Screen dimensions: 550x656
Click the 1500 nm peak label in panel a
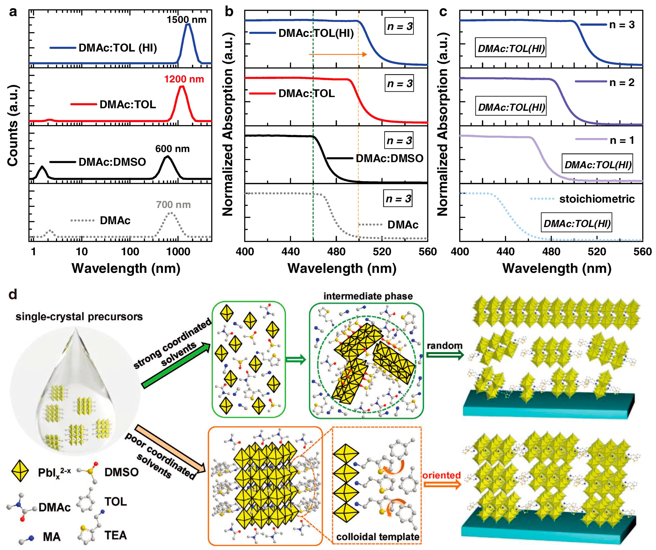pyautogui.click(x=186, y=20)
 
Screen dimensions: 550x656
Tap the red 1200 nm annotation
pyautogui.click(x=184, y=79)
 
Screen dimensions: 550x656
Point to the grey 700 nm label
pyautogui.click(x=173, y=205)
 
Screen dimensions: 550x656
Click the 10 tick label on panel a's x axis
pyautogui.click(x=82, y=252)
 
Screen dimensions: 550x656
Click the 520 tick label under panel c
pyautogui.click(x=597, y=252)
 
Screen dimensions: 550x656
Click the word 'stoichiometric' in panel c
pyautogui.click(x=597, y=199)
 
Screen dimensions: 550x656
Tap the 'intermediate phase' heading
pyautogui.click(x=368, y=296)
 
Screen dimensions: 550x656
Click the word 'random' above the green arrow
pyautogui.click(x=444, y=345)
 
